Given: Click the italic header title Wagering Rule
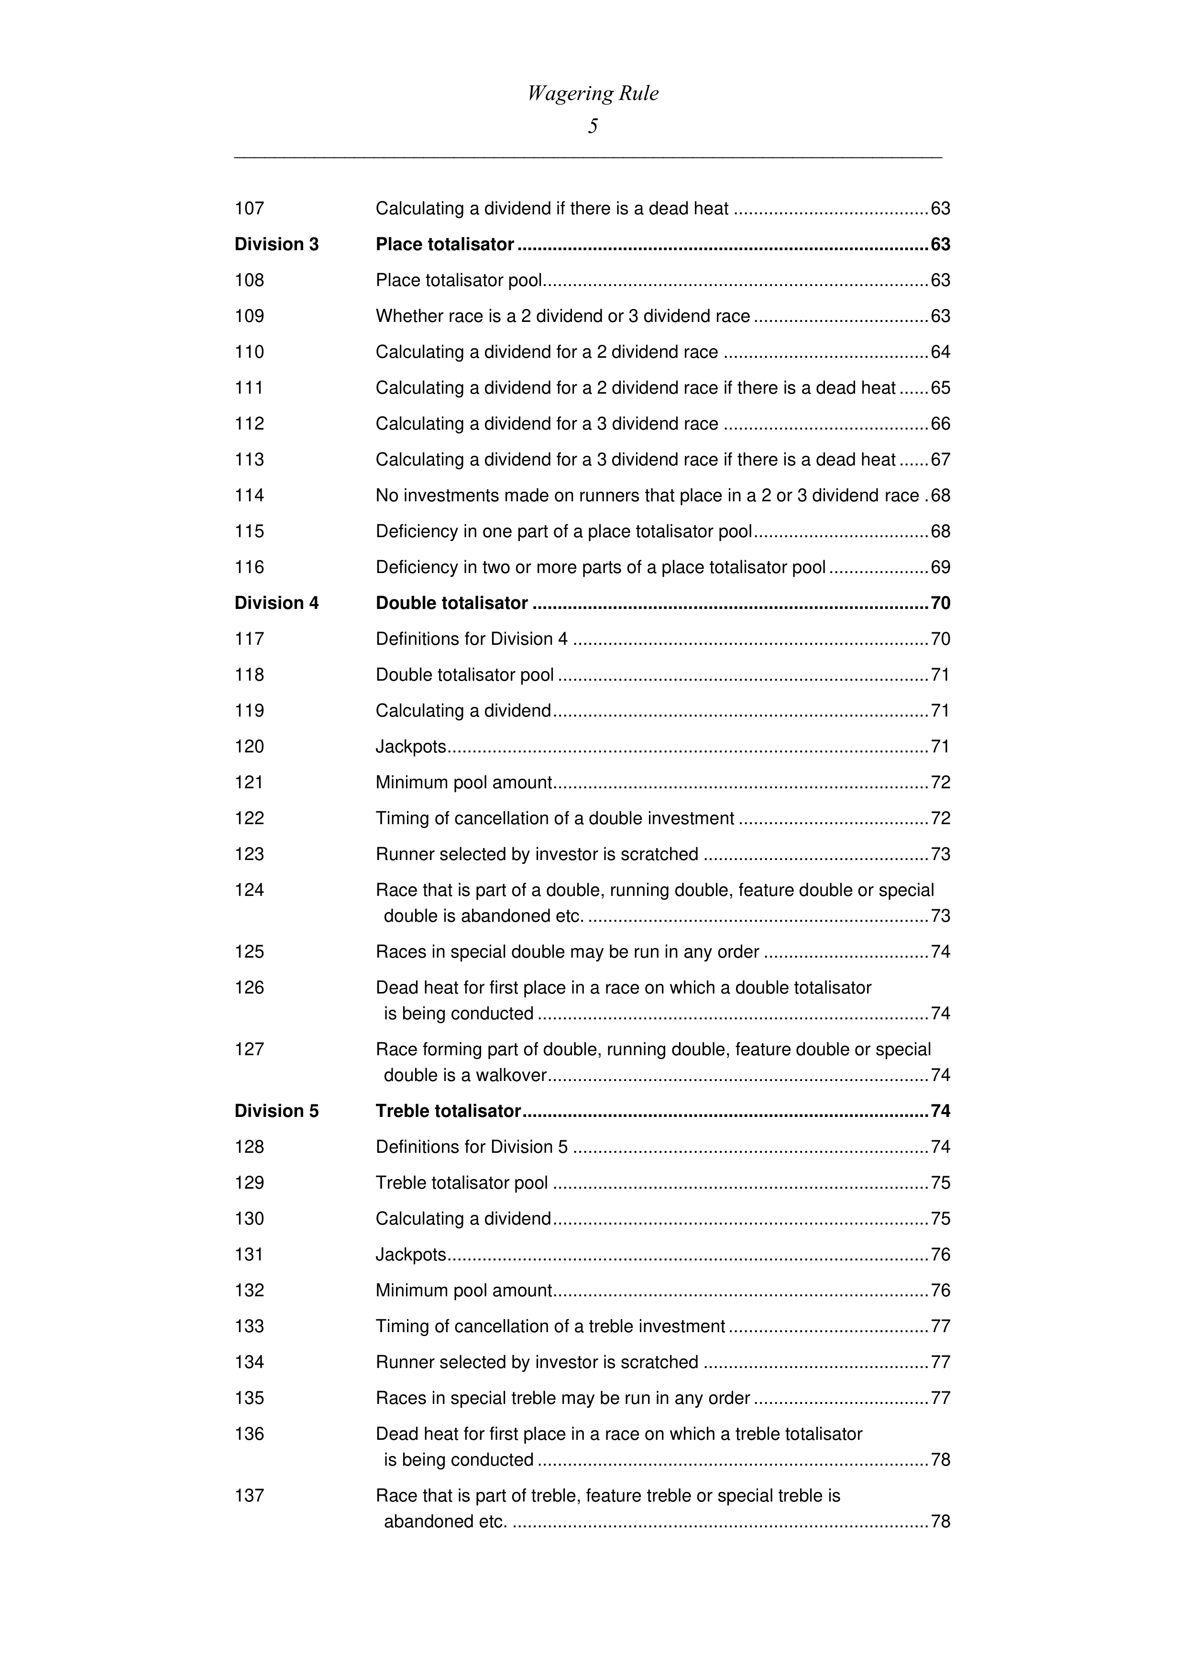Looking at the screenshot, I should pos(593,94).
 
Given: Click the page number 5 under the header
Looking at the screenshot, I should pos(593,126).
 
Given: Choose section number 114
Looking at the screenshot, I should pos(249,496).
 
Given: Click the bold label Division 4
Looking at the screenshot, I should pos(276,603).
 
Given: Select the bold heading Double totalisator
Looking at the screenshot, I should pos(451,603).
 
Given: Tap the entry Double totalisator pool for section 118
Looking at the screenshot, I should pos(465,674).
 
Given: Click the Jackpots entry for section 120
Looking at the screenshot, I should pos(411,747).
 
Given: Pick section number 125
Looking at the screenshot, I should pos(249,951).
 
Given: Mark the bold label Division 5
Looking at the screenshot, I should pos(276,1111).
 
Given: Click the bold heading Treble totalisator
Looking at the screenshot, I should pos(448,1111).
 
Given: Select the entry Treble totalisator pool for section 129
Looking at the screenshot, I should pos(462,1182).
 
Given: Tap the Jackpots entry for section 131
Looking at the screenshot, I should pos(411,1254).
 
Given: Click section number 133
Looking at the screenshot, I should pos(249,1326).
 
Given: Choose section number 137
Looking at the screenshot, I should pos(249,1495).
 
